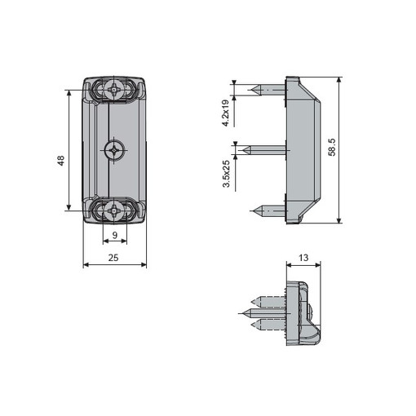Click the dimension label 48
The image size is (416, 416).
coord(60,161)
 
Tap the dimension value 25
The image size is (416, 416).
coord(113,258)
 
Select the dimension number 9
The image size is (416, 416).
coord(115,235)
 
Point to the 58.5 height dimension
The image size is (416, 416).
coord(332,147)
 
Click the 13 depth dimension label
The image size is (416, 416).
coord(303,258)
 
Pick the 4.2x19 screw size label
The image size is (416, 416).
coord(226,113)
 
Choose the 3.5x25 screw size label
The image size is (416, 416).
coord(226,174)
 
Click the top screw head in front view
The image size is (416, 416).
coord(113,89)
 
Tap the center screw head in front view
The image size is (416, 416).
coord(114,150)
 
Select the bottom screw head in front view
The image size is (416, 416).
coord(113,210)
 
